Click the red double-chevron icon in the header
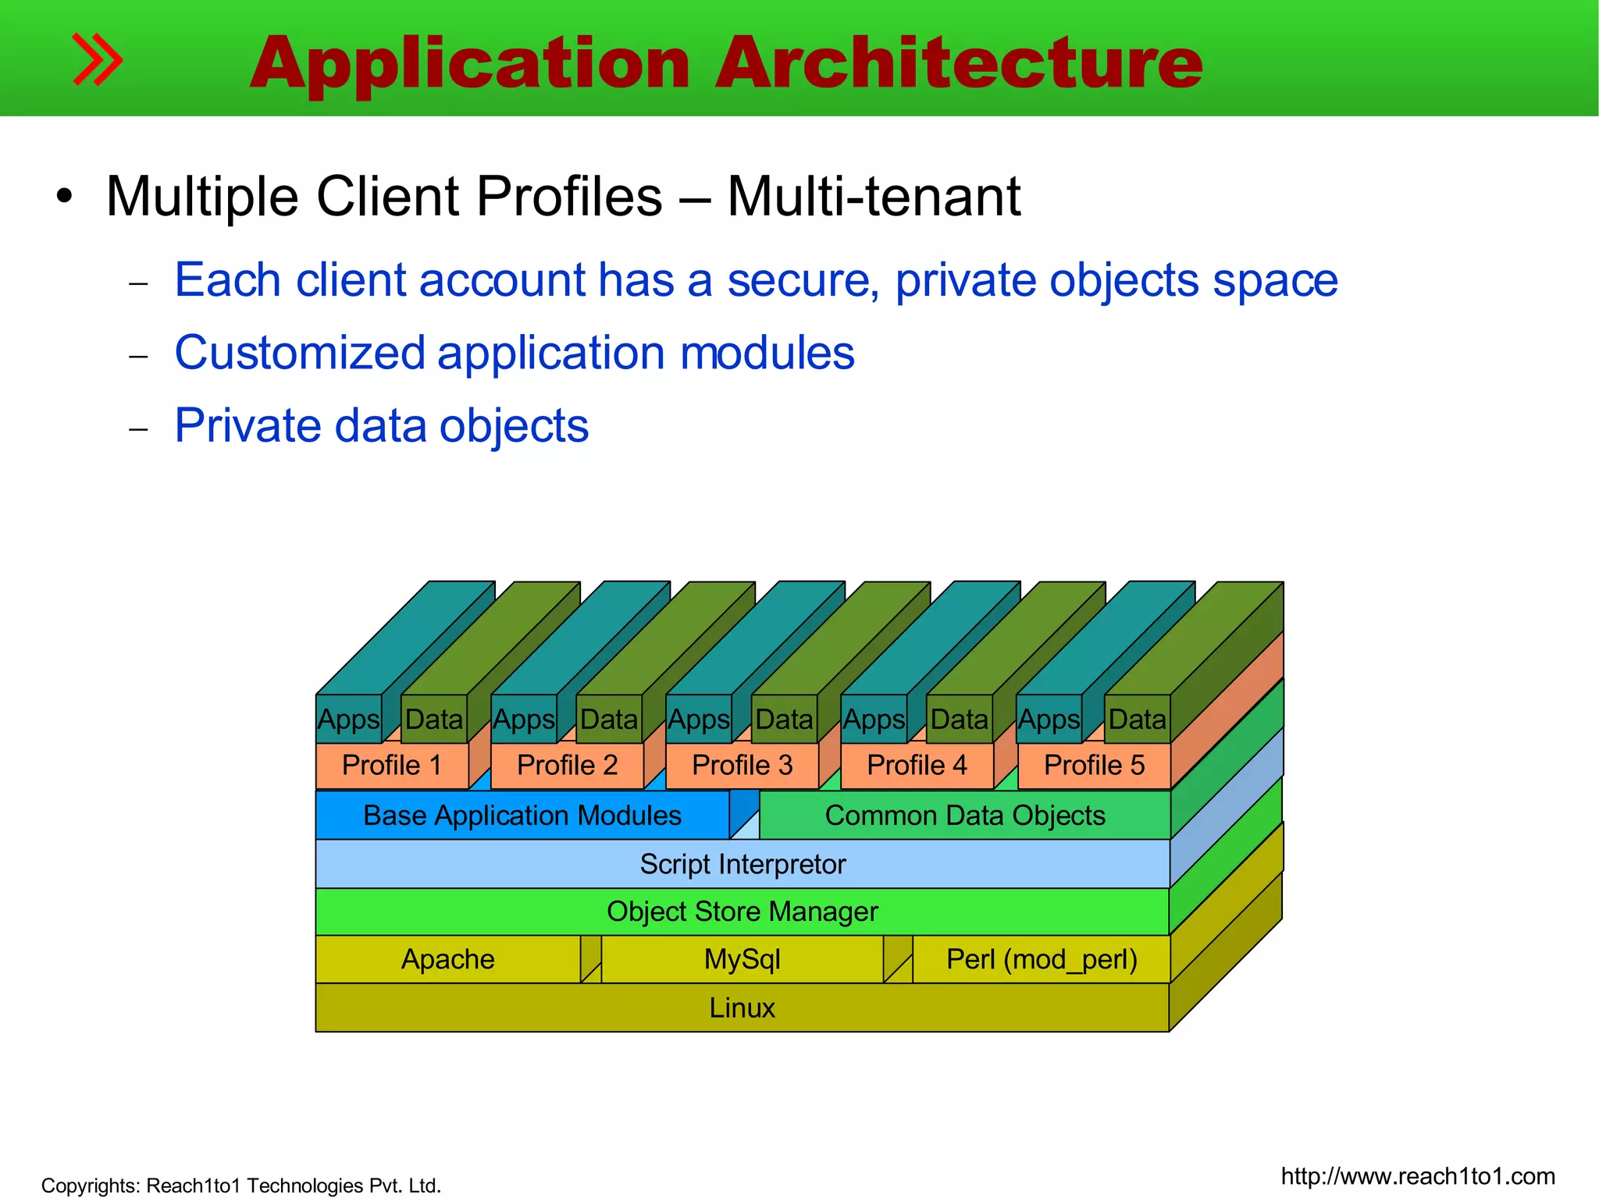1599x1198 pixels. point(97,59)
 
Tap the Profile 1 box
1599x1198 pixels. point(392,766)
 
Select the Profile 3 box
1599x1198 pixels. point(742,766)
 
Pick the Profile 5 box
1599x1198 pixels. point(1094,766)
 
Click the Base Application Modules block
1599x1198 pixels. point(522,816)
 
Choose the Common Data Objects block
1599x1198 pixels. point(965,816)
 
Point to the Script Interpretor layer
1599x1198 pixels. point(743,864)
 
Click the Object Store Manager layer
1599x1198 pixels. point(743,912)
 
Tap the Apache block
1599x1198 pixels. point(448,959)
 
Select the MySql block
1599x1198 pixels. point(743,959)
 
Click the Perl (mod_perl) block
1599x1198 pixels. point(1042,959)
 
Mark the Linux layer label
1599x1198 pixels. point(743,1008)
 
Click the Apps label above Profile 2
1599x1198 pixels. point(524,720)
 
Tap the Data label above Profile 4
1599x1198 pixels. point(960,720)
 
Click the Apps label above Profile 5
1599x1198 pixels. point(1049,720)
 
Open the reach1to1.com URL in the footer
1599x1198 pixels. point(1418,1176)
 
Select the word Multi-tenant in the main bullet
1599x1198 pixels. point(874,196)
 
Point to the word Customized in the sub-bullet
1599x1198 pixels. point(300,354)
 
